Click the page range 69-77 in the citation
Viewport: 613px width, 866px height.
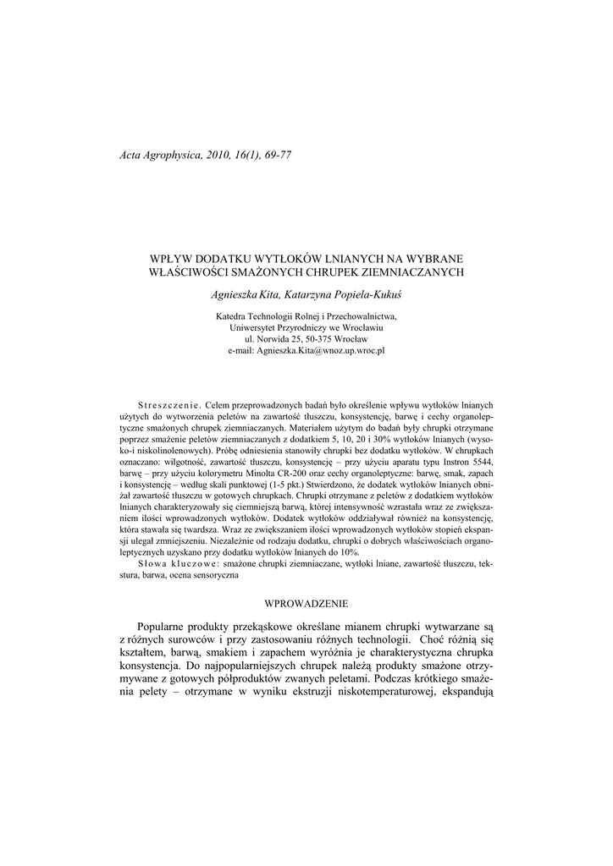[275, 157]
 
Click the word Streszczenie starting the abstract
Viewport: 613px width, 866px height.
[167, 404]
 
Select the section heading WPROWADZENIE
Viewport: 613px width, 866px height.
[306, 603]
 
